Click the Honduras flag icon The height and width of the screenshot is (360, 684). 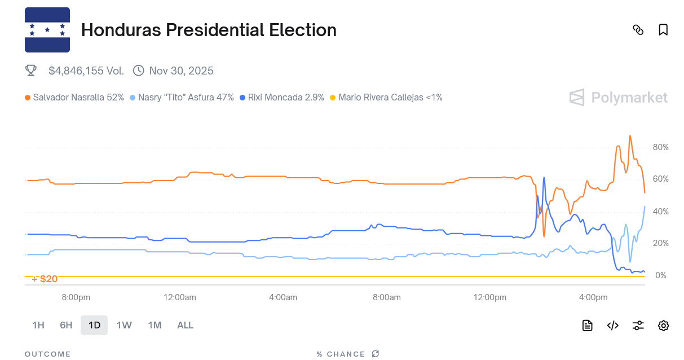tap(47, 30)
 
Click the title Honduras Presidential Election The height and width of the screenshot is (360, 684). tap(209, 30)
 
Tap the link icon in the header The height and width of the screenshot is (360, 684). tap(638, 30)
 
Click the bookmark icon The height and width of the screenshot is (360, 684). tap(663, 30)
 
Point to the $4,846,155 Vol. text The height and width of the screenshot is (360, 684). tap(86, 71)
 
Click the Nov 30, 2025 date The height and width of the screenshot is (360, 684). tap(181, 71)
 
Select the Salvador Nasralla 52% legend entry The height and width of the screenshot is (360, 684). tap(74, 97)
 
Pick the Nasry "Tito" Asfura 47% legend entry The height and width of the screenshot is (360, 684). tap(182, 97)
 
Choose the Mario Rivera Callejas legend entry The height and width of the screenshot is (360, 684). tap(386, 97)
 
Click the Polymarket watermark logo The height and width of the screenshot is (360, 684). tap(619, 98)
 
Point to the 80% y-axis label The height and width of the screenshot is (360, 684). tap(660, 147)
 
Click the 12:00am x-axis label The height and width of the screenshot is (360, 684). tap(180, 297)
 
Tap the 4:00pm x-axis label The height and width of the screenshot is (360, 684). tap(593, 297)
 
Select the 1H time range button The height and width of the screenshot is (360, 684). tap(38, 325)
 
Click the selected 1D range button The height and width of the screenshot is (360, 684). tap(94, 325)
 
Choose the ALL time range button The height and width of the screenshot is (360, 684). tap(185, 325)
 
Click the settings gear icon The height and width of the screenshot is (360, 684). tap(663, 325)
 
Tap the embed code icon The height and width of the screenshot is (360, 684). tap(613, 325)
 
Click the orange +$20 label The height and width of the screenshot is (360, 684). tap(45, 279)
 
